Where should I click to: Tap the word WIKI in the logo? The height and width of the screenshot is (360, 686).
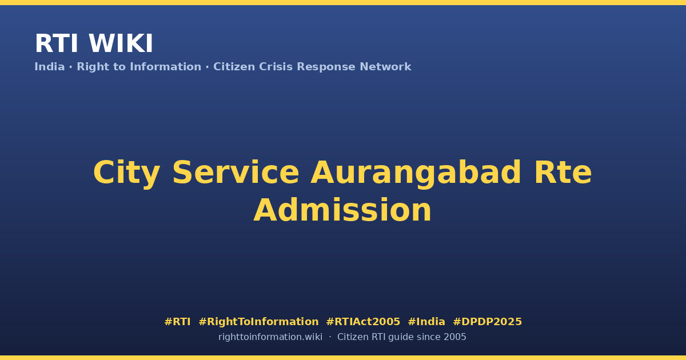[121, 43]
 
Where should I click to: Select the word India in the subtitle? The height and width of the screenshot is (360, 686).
[50, 67]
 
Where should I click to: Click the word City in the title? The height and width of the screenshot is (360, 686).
[126, 173]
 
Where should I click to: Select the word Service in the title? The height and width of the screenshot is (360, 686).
[236, 173]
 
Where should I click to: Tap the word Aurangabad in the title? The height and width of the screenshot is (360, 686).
[416, 173]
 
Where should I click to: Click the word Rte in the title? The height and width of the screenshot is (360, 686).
[563, 173]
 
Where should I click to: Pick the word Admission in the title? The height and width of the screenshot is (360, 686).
[342, 210]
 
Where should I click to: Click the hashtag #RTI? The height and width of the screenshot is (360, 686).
[177, 322]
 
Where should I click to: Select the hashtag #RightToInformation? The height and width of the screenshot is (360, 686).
[258, 322]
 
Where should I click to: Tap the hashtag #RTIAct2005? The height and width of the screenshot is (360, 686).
[363, 322]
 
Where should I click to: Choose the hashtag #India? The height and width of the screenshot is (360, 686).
[426, 322]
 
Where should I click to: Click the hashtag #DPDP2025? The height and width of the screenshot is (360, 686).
[487, 322]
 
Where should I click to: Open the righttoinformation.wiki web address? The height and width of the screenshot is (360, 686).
[270, 337]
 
